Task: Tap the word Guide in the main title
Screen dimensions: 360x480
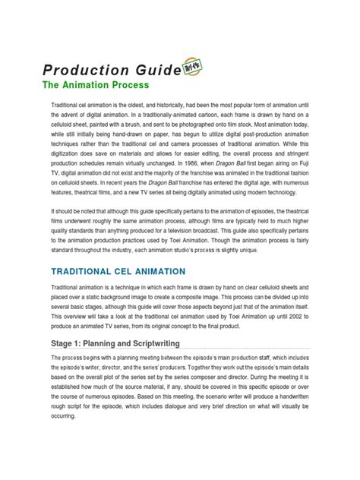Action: pos(153,70)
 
